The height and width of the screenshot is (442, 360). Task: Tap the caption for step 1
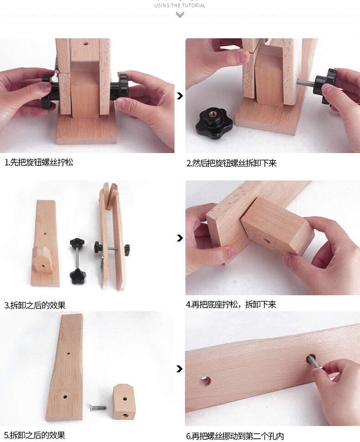tap(39, 162)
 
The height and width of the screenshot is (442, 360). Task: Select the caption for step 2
tap(231, 163)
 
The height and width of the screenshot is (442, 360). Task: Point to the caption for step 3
tap(35, 305)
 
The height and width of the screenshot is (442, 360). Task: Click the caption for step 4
tap(231, 304)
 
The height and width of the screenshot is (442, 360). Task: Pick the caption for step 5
tap(35, 435)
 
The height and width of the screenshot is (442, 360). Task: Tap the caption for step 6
tap(235, 436)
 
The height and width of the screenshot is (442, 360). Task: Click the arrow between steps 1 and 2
tap(180, 96)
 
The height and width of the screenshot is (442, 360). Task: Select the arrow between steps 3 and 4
tap(180, 238)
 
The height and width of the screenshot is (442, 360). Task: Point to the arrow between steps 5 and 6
tap(180, 369)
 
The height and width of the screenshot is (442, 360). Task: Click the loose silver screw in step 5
tap(98, 407)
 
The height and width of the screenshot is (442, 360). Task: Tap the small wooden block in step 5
tap(124, 402)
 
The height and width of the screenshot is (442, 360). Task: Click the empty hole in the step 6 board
tap(205, 381)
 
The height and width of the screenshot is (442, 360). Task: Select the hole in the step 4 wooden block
tap(267, 242)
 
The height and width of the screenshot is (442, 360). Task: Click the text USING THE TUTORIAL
tap(180, 5)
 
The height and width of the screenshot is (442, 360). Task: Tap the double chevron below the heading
tap(180, 15)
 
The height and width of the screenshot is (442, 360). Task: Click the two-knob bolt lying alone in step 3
tap(77, 261)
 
